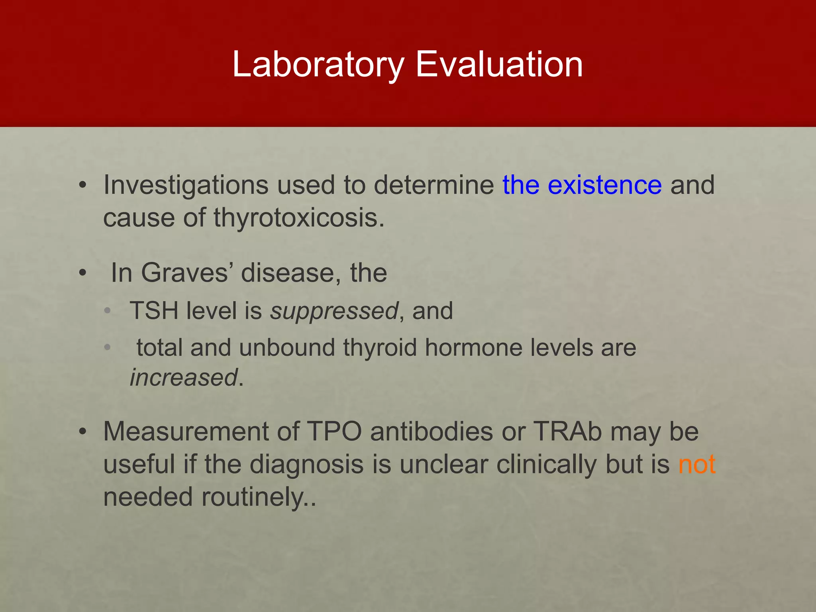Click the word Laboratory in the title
[318, 65]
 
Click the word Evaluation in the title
[499, 65]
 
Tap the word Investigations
[186, 186]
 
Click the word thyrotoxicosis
[299, 218]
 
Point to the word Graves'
[187, 273]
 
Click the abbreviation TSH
[154, 310]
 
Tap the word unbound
[287, 347]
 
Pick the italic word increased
[184, 378]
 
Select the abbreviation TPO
[334, 432]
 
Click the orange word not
[697, 465]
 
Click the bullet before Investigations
[82, 186]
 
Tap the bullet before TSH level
[107, 311]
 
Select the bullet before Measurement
[82, 432]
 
